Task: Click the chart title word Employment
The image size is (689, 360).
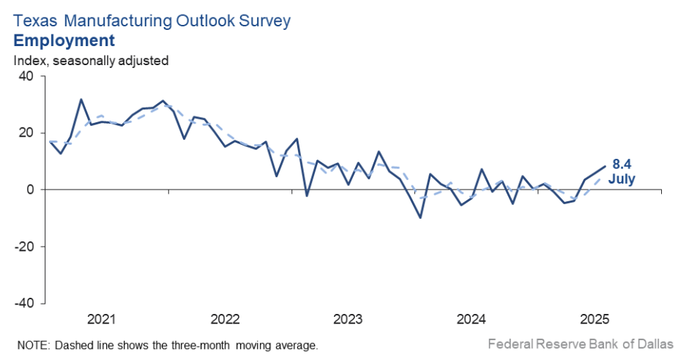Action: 64,40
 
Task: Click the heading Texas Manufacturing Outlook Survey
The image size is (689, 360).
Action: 152,20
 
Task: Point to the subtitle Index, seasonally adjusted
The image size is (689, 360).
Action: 91,60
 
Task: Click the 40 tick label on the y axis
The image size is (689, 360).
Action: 27,76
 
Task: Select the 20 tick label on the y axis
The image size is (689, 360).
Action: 27,132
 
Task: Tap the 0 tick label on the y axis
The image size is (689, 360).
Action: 31,190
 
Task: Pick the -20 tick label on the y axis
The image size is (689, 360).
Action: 25,247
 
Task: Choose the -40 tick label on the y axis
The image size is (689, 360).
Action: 25,303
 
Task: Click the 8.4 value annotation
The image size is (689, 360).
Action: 621,165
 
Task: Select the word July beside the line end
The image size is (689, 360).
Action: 622,179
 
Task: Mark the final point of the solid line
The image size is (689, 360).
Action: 605,166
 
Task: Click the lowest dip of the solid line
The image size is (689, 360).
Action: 420,217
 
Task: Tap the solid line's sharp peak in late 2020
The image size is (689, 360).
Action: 81,100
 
